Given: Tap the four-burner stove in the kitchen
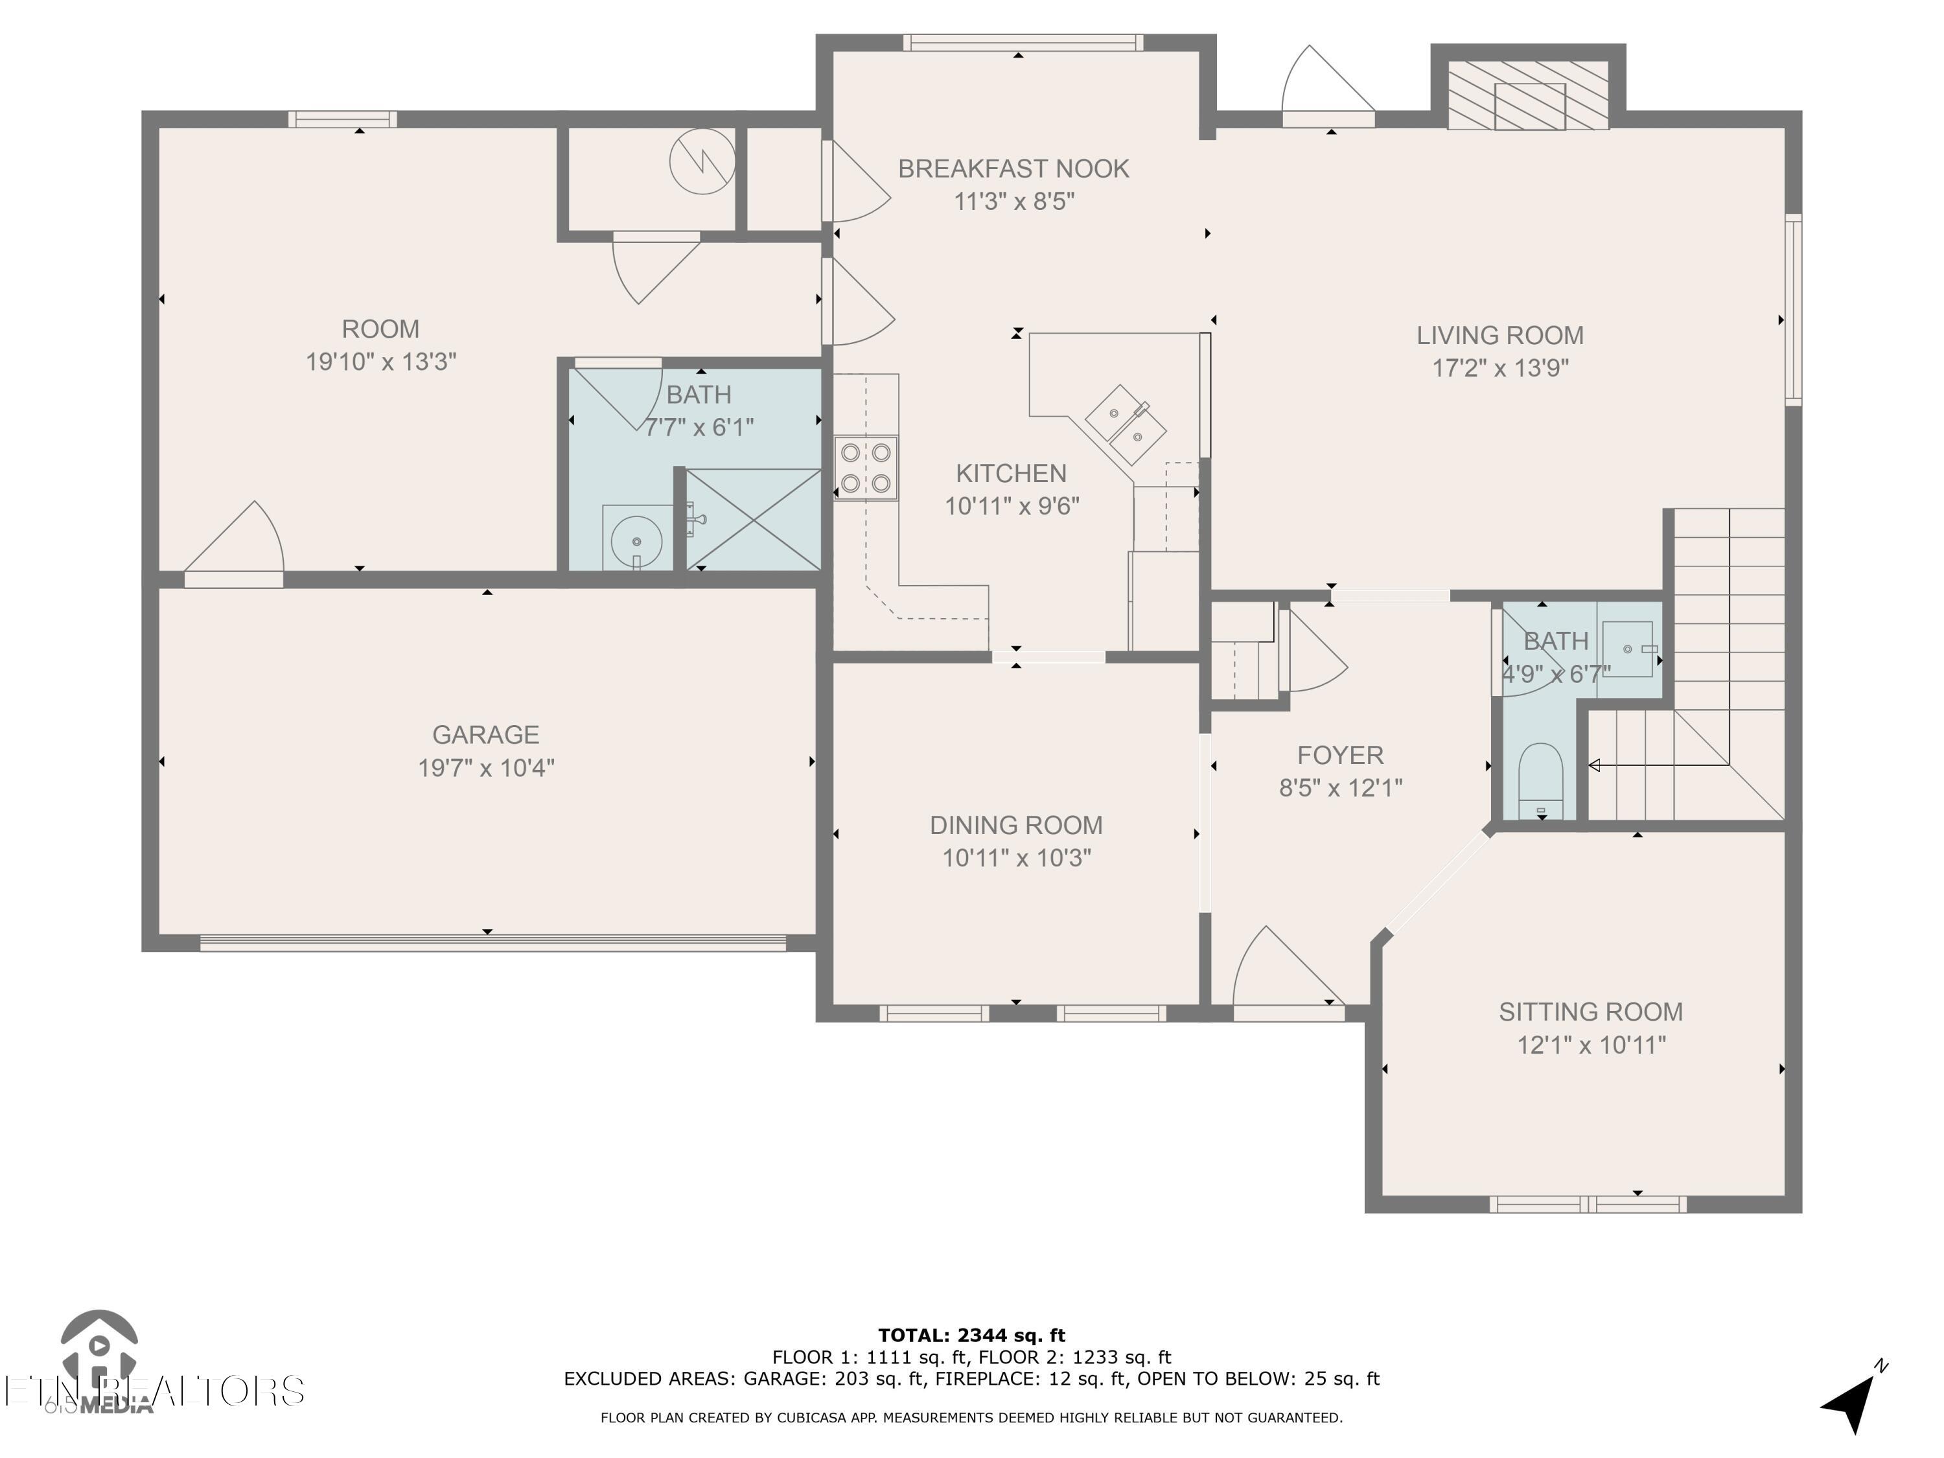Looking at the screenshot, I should point(866,469).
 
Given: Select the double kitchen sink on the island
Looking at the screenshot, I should point(1125,424).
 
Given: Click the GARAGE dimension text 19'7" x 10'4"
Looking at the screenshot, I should point(486,768).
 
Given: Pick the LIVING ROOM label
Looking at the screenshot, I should point(1499,336).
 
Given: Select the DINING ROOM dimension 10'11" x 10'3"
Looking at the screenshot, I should point(1016,858).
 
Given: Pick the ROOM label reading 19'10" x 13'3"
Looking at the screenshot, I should point(380,345).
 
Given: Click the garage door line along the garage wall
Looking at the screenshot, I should point(492,943).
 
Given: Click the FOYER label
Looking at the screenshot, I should point(1339,755).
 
